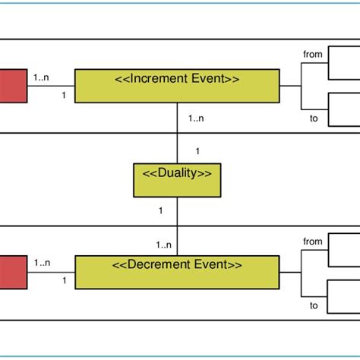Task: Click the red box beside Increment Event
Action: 12,85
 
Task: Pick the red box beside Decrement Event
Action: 12,273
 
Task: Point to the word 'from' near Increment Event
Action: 312,55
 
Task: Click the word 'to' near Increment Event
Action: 313,118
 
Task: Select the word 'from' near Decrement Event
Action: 312,242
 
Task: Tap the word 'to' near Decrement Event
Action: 313,305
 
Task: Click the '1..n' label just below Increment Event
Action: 196,117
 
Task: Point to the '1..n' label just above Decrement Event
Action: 164,245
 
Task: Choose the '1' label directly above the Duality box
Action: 197,151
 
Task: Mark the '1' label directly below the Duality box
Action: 161,210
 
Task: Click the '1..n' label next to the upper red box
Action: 43,76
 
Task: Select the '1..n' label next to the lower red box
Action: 43,263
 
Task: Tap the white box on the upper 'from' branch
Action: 343,64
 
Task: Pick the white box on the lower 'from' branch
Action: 343,251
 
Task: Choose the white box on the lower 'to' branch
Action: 343,295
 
